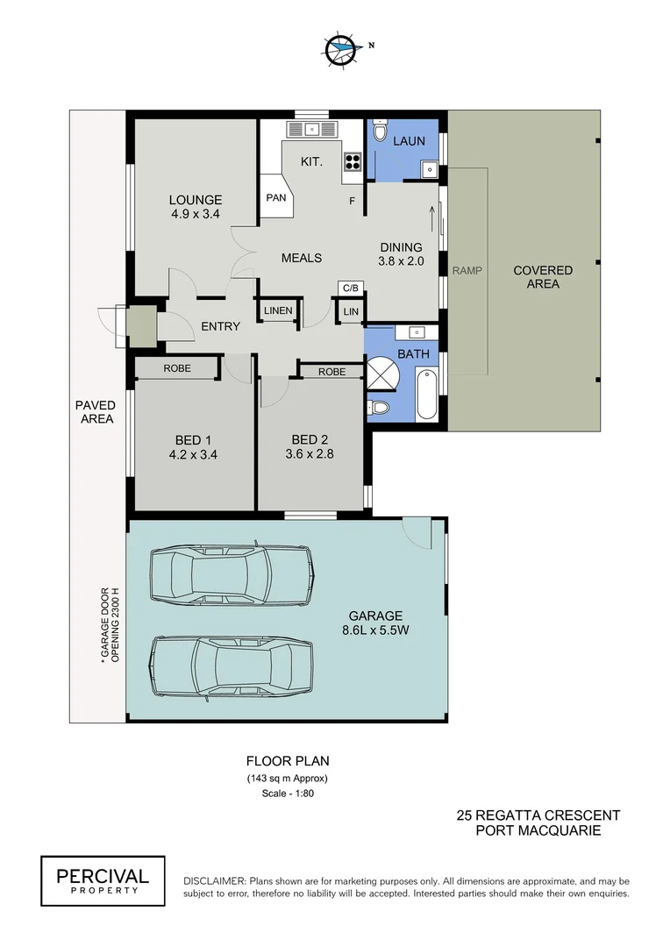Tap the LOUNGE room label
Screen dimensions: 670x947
point(196,200)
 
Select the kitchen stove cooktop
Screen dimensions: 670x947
point(353,161)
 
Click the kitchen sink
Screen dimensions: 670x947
point(311,129)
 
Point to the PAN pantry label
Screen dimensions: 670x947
point(276,197)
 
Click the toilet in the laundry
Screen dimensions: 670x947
point(380,130)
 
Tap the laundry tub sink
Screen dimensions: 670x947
point(430,169)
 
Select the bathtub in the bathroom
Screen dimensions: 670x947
point(426,395)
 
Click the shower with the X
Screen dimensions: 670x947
point(383,375)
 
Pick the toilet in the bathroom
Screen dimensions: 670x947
point(378,408)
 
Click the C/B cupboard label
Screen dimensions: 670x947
point(351,288)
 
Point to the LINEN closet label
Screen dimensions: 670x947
point(278,310)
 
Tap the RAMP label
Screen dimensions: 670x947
point(467,271)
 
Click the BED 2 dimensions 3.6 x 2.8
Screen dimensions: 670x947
point(310,453)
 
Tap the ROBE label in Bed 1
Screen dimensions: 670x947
point(177,367)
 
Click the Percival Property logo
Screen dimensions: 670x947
point(103,880)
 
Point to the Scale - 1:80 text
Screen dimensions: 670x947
point(288,793)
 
